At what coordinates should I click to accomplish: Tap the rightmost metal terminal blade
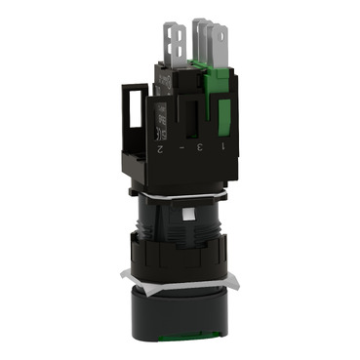pos(227,43)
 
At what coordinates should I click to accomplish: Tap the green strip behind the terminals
pos(204,69)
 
